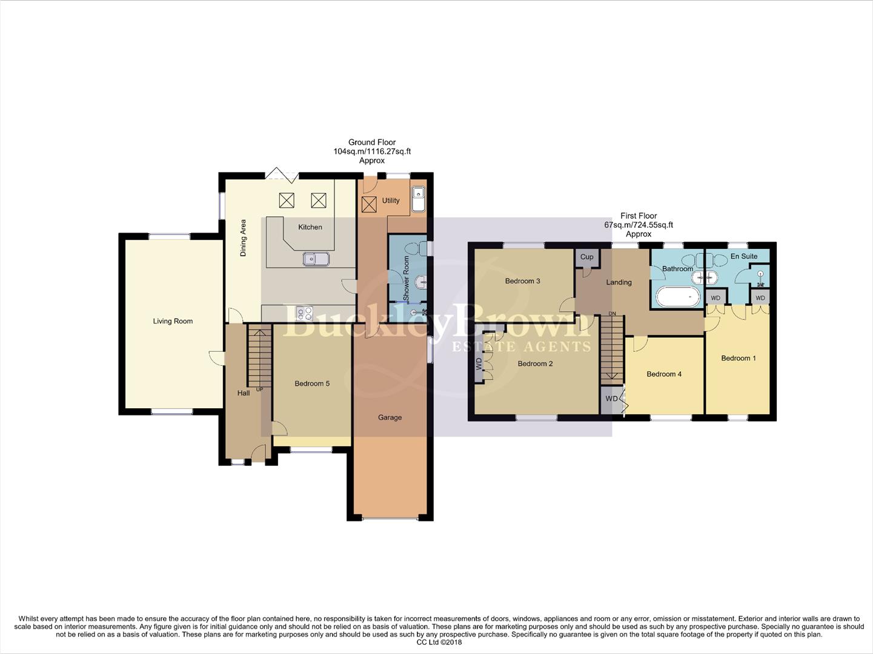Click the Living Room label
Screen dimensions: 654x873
[x=173, y=321]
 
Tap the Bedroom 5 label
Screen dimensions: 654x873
[x=312, y=383]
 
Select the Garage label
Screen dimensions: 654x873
[x=390, y=417]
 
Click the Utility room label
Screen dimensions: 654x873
[x=391, y=200]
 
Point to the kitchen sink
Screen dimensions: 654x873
[x=316, y=259]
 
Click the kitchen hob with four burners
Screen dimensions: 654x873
[x=304, y=313]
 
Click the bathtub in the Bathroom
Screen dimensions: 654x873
[x=678, y=297]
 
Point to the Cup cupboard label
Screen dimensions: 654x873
[x=586, y=257]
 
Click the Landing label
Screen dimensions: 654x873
[x=619, y=282]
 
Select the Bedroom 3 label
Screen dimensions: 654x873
[x=522, y=281]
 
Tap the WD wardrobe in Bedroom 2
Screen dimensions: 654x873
[x=479, y=364]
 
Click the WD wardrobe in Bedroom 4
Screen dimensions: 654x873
[x=611, y=398]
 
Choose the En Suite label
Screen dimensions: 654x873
[x=743, y=256]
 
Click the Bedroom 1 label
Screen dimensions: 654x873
[x=738, y=358]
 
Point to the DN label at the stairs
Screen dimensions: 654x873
[x=612, y=314]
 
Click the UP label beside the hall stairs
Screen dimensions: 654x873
[x=259, y=389]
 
